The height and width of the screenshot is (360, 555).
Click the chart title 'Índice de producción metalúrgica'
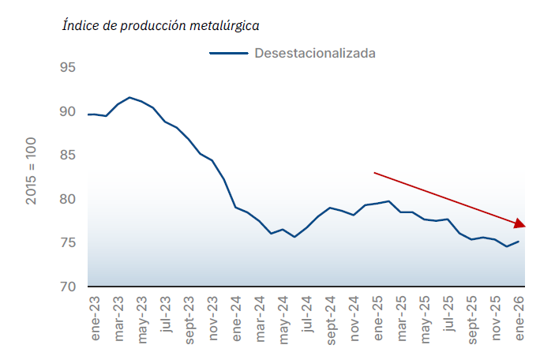coord(161,25)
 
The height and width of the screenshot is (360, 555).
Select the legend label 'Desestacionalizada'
coord(314,54)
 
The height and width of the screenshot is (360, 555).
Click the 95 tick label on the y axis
coord(67,69)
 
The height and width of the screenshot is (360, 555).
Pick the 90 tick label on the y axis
coord(67,112)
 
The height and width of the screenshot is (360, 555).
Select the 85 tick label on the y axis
coord(67,156)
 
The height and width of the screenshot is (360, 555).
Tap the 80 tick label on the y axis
coord(67,199)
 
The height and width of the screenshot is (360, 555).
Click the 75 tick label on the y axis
coord(67,242)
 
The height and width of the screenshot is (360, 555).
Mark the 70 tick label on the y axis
coord(67,287)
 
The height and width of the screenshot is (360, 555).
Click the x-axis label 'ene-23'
coord(96,320)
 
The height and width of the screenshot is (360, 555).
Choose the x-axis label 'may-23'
coord(143,320)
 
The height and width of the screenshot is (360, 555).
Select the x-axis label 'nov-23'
coord(213,320)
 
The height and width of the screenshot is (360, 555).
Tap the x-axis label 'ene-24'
coord(237,320)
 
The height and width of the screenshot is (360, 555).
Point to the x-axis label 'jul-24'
coord(308,320)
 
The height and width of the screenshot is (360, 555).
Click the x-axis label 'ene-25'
coord(378,320)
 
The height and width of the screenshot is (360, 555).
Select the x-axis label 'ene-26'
coord(519,320)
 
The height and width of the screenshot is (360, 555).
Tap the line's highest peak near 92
coord(129,97)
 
